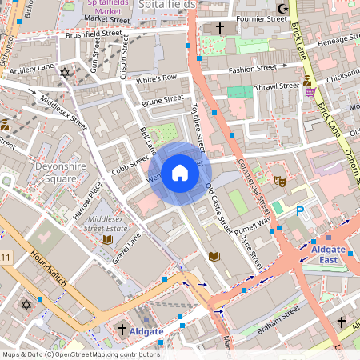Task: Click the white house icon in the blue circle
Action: pyautogui.click(x=180, y=173)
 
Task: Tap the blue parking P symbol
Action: pyautogui.click(x=301, y=210)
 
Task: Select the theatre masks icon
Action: pyautogui.click(x=280, y=182)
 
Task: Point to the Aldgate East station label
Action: pyautogui.click(x=328, y=254)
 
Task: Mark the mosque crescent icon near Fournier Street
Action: pyautogui.click(x=280, y=10)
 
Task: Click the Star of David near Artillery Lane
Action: pyautogui.click(x=66, y=73)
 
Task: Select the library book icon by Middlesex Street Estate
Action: pyautogui.click(x=107, y=238)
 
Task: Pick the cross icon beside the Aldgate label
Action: pyautogui.click(x=122, y=330)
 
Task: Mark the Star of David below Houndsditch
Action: pyautogui.click(x=26, y=305)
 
